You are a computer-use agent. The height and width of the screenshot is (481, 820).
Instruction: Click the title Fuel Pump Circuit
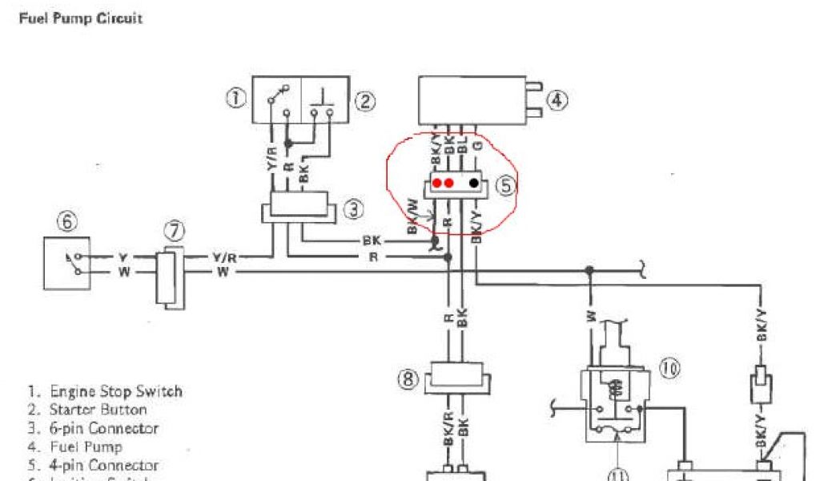point(80,18)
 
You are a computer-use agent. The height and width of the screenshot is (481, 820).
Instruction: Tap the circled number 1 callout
point(235,99)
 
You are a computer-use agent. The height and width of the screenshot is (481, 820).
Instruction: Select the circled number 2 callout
point(365,100)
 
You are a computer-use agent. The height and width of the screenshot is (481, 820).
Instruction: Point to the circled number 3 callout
point(353,210)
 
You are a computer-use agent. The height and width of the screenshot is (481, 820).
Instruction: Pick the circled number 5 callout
point(505,185)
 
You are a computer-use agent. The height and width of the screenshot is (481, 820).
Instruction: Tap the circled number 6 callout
point(67,222)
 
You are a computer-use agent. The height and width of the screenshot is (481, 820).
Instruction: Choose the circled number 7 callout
point(174,232)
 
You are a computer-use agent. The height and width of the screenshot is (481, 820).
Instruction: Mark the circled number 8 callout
point(408,378)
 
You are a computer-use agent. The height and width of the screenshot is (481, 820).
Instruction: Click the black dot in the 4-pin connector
point(475,183)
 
